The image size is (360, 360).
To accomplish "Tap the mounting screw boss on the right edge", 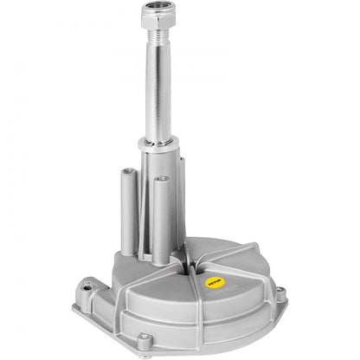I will pyautogui.click(x=280, y=281).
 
